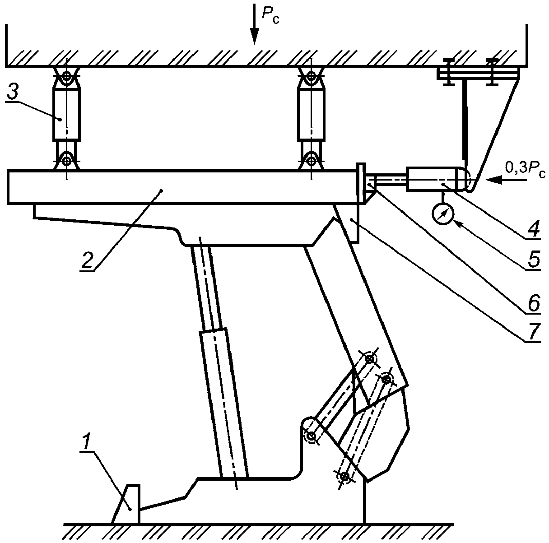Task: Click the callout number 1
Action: pos(86,442)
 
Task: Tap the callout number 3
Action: pos(13,90)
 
